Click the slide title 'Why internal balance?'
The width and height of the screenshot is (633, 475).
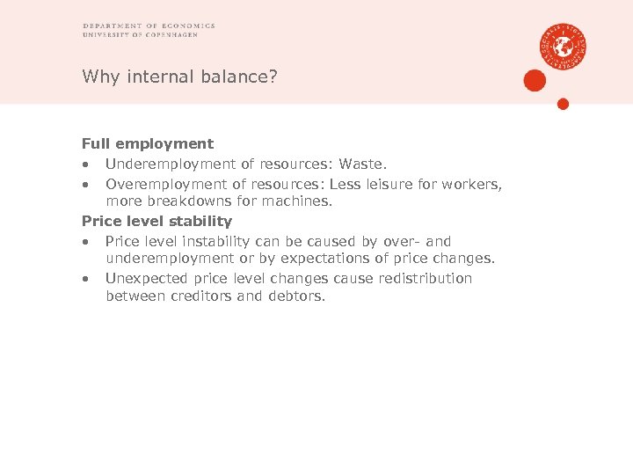(x=179, y=77)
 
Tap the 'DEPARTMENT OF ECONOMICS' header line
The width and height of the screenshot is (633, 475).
(x=149, y=26)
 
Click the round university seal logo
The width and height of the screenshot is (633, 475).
(x=564, y=46)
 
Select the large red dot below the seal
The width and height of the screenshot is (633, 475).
(x=535, y=81)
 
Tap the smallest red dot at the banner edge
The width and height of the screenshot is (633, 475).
(x=564, y=104)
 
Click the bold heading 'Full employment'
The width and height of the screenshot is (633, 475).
(x=148, y=143)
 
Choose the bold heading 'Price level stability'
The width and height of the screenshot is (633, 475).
(x=156, y=221)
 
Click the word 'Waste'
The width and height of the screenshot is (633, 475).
(x=366, y=164)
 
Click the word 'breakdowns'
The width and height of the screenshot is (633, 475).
(x=184, y=201)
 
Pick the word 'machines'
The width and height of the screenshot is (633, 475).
(x=301, y=201)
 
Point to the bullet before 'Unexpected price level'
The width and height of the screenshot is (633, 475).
(x=85, y=279)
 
